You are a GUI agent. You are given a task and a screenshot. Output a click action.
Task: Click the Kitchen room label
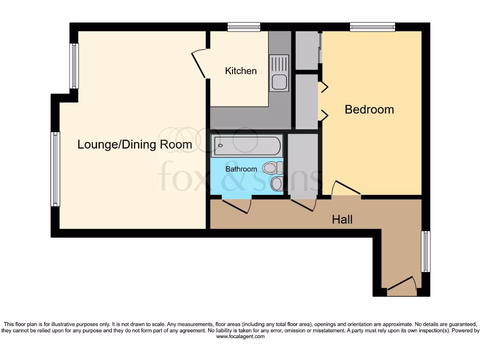[x=241, y=71]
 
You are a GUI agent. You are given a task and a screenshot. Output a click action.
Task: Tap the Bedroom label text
[x=369, y=109]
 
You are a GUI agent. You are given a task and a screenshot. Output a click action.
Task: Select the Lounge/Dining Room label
[x=135, y=144]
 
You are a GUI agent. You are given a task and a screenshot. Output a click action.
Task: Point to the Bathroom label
[x=241, y=169]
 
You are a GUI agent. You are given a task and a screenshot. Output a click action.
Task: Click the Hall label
[x=342, y=219]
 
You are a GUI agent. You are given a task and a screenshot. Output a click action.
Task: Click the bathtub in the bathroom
[x=247, y=146]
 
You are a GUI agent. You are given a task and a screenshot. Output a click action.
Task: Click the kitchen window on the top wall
[x=244, y=27]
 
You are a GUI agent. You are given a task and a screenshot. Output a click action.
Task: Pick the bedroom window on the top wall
[x=372, y=27]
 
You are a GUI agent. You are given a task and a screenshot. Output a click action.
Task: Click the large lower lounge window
[x=55, y=169]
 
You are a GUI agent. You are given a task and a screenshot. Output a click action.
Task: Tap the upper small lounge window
[x=74, y=66]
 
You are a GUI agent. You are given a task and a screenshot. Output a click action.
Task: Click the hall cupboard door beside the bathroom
[x=303, y=204]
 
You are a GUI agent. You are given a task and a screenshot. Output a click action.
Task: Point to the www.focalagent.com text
[x=240, y=337]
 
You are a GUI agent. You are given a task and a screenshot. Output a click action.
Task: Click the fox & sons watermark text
[x=239, y=177]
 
